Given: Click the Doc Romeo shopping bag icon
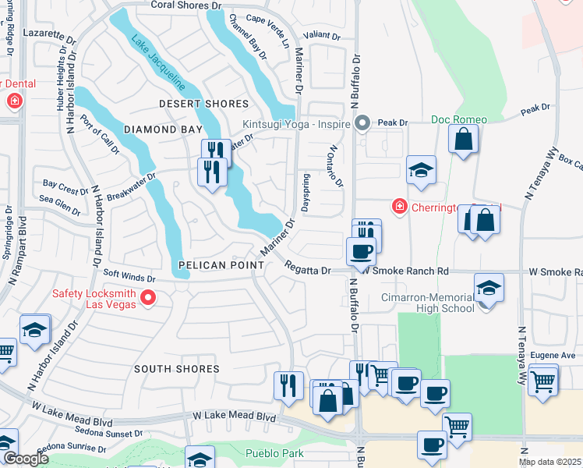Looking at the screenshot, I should coord(463,140).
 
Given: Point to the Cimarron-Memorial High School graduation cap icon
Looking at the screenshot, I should coord(489,287).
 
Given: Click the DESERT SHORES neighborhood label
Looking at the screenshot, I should coord(203,104).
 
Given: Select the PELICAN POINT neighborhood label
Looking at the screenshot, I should coord(213,265).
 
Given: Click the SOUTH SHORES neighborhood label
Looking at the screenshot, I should coord(176,368).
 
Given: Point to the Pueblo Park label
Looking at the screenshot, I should coord(273,453).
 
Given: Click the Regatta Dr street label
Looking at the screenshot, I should coord(308,268).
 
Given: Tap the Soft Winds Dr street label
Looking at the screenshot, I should coord(129,277).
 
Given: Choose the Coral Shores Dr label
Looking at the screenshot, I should coord(185,5).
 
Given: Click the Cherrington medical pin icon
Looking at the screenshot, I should coord(399,207).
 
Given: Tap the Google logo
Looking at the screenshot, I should coord(26,459).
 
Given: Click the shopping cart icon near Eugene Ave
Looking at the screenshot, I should coord(543,381).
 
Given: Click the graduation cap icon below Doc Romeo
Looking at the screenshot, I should coord(421,171).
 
